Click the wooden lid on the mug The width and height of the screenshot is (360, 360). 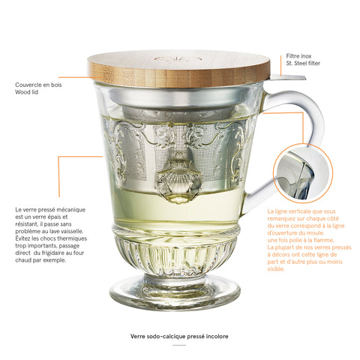[x=178, y=68]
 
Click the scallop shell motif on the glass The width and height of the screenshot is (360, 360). [x=178, y=181]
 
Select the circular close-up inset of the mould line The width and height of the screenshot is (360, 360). [x=303, y=173]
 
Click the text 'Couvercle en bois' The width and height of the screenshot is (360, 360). [x=38, y=85]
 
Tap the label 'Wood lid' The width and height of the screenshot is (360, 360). [x=26, y=92]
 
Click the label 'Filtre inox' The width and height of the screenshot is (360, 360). [x=298, y=56]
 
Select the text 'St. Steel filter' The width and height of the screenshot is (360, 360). [x=303, y=63]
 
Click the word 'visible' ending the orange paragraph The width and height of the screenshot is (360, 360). [x=276, y=269]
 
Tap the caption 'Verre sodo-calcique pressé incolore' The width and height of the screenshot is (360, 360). [x=179, y=337]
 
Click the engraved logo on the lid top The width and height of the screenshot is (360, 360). [x=178, y=59]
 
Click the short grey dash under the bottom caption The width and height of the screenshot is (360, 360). [x=179, y=345]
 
